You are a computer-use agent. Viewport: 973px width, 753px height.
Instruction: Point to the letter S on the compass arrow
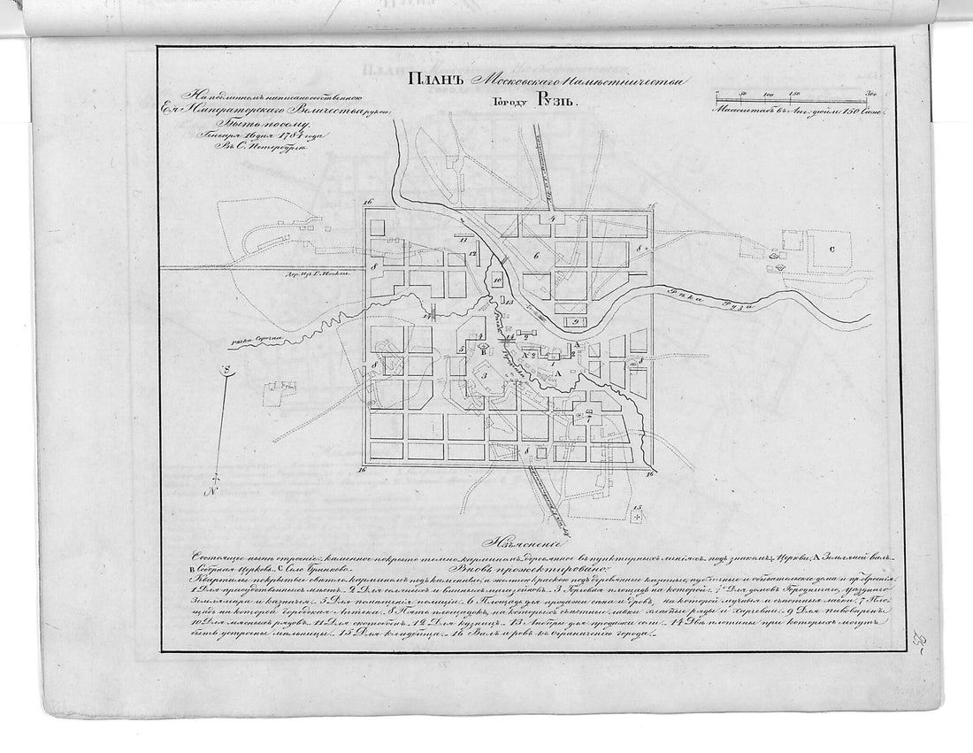coord(226,372)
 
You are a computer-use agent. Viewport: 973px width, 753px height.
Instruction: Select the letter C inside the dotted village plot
coord(831,250)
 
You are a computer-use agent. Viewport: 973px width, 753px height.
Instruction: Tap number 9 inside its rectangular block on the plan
coord(574,322)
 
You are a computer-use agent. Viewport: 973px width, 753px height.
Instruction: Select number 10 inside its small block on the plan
coord(497,280)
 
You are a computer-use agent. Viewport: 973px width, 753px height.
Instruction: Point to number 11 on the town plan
coord(462,240)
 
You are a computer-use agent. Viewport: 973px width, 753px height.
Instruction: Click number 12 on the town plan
coord(474,254)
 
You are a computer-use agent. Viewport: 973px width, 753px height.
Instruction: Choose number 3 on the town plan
coord(483,376)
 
